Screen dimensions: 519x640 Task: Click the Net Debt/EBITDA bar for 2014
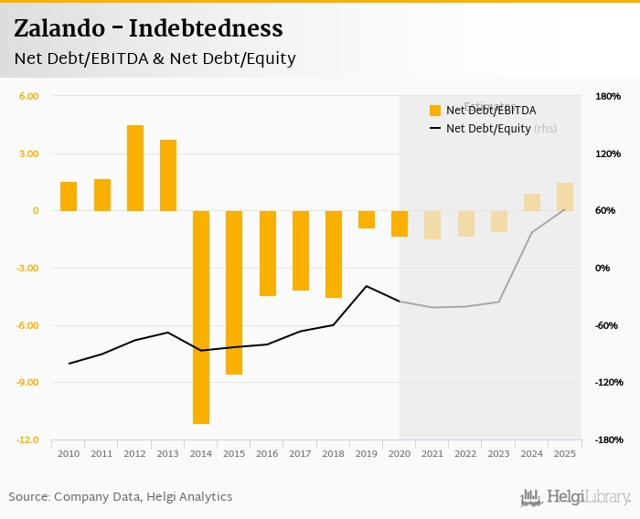point(201,317)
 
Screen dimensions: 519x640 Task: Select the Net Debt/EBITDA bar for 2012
point(135,168)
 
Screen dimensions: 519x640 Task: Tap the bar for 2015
point(234,292)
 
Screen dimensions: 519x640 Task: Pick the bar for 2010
point(69,196)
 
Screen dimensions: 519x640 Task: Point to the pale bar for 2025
point(565,196)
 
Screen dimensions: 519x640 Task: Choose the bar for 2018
point(334,254)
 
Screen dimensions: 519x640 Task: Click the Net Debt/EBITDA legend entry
point(490,111)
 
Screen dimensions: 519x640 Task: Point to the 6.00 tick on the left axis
point(29,96)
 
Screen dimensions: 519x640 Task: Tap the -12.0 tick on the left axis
point(28,440)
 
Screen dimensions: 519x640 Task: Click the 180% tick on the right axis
point(608,96)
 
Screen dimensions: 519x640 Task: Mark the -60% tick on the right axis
point(608,325)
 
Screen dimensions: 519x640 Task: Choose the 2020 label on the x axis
point(400,453)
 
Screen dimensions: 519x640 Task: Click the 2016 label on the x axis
point(267,453)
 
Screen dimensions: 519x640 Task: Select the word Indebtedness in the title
point(206,28)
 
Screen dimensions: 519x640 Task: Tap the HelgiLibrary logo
point(575,497)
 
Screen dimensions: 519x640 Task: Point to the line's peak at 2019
point(367,286)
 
